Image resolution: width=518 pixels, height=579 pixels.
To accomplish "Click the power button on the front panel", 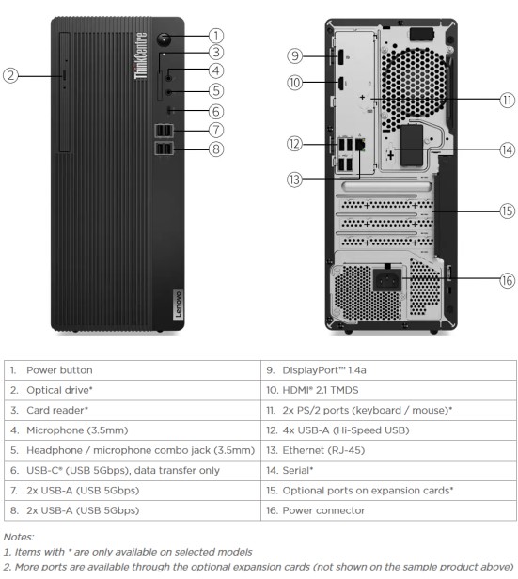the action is [164, 39].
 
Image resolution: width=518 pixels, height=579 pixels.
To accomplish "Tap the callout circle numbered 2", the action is [10, 76].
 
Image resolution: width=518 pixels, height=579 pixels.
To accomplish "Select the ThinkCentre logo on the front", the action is [140, 56].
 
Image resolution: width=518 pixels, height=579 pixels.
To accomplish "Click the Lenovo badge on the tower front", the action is [178, 305].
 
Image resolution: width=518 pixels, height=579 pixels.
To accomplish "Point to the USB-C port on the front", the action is [169, 110].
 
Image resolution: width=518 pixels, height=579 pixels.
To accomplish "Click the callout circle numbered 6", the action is [216, 111].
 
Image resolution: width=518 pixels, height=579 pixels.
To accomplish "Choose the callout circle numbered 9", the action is [294, 55].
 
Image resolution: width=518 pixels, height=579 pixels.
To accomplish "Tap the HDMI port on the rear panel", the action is [340, 83].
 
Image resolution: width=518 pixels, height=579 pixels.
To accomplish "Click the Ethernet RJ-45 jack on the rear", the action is [360, 145].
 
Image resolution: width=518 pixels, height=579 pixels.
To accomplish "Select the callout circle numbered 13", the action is [294, 180].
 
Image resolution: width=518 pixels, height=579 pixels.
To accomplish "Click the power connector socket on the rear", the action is [387, 280].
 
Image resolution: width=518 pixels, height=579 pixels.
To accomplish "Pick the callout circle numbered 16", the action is [508, 280].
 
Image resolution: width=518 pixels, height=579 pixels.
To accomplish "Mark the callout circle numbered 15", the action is [508, 211].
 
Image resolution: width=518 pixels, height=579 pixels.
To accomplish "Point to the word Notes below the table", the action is [19, 537].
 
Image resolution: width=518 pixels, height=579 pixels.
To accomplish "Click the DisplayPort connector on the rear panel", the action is [340, 56].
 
